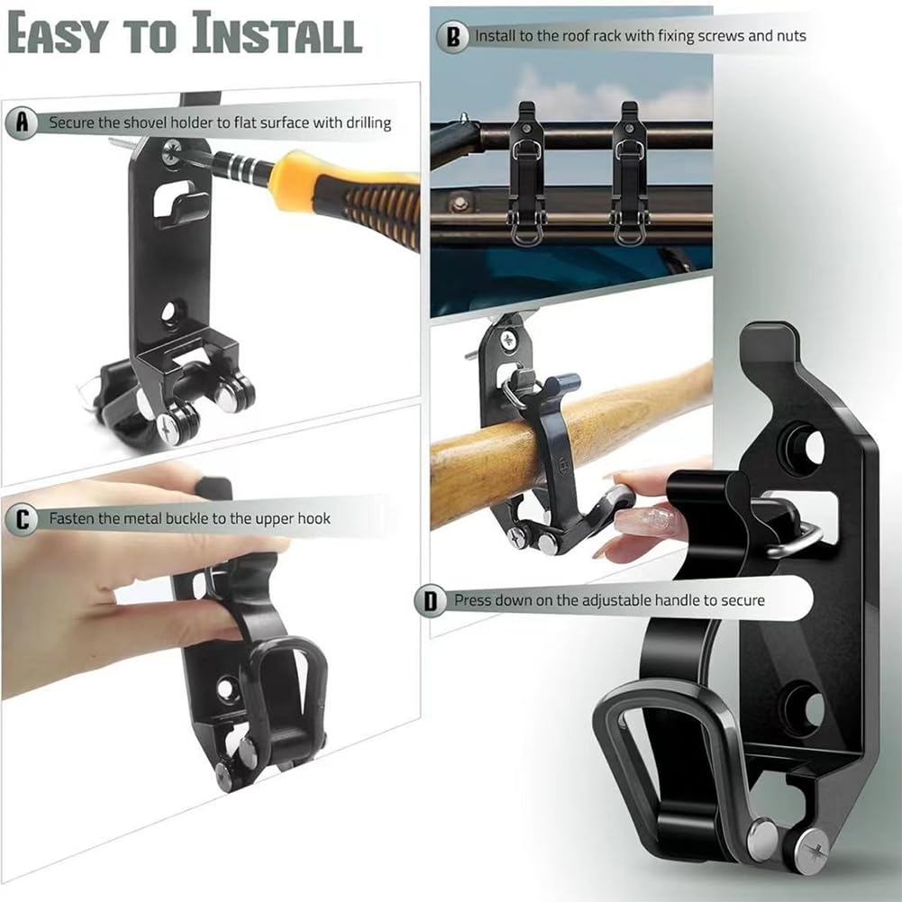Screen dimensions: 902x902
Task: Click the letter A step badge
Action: coord(22,123)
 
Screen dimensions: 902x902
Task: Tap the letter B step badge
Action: coord(452,37)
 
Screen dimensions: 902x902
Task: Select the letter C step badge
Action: coord(22,518)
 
